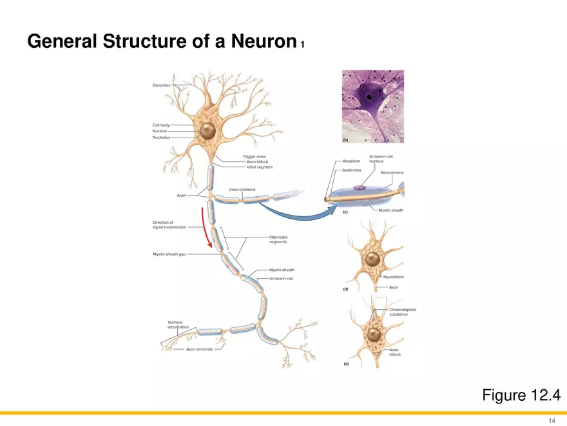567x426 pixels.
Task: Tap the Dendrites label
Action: (x=161, y=85)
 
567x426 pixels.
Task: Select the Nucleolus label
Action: (x=161, y=137)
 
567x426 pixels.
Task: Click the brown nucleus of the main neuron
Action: (x=207, y=131)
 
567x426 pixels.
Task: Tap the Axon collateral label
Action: (x=242, y=189)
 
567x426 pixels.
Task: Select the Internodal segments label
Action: (x=278, y=239)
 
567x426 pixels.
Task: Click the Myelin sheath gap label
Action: (x=169, y=254)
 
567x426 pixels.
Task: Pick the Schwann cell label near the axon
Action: (x=281, y=278)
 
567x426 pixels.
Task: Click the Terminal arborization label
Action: (x=178, y=324)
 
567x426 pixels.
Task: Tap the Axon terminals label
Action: (x=199, y=349)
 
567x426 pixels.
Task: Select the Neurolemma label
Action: (x=392, y=172)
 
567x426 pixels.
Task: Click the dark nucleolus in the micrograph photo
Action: (x=369, y=97)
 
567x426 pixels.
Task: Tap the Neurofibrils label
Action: (x=393, y=277)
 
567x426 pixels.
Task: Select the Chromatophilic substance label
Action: (x=403, y=312)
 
